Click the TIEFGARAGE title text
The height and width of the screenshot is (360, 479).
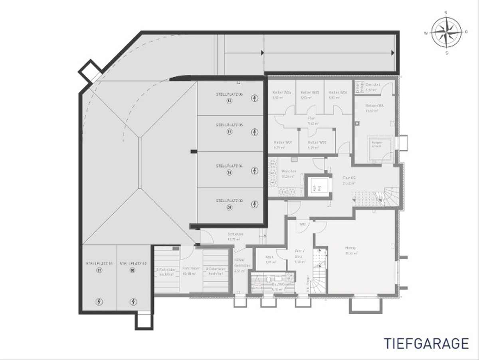(426, 343)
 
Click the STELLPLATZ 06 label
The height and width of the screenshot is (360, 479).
(230, 94)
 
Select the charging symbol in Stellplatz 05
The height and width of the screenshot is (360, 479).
(255, 131)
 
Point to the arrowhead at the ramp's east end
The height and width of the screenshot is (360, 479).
(393, 53)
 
